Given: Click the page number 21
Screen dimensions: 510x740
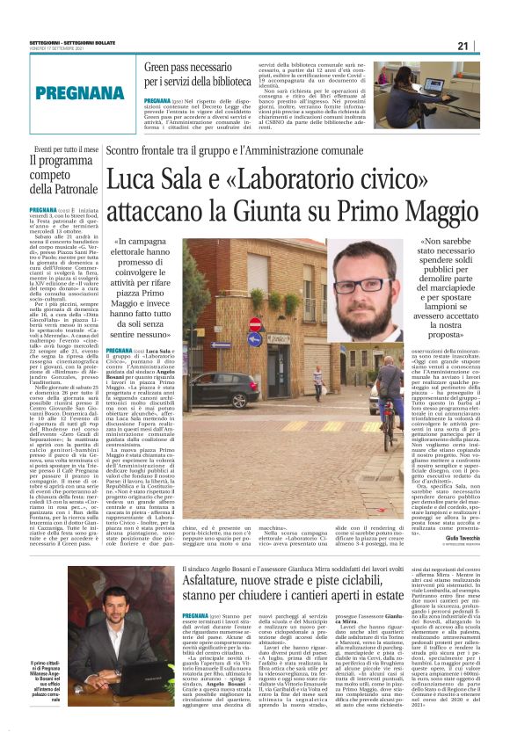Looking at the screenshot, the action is [x=486, y=45].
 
